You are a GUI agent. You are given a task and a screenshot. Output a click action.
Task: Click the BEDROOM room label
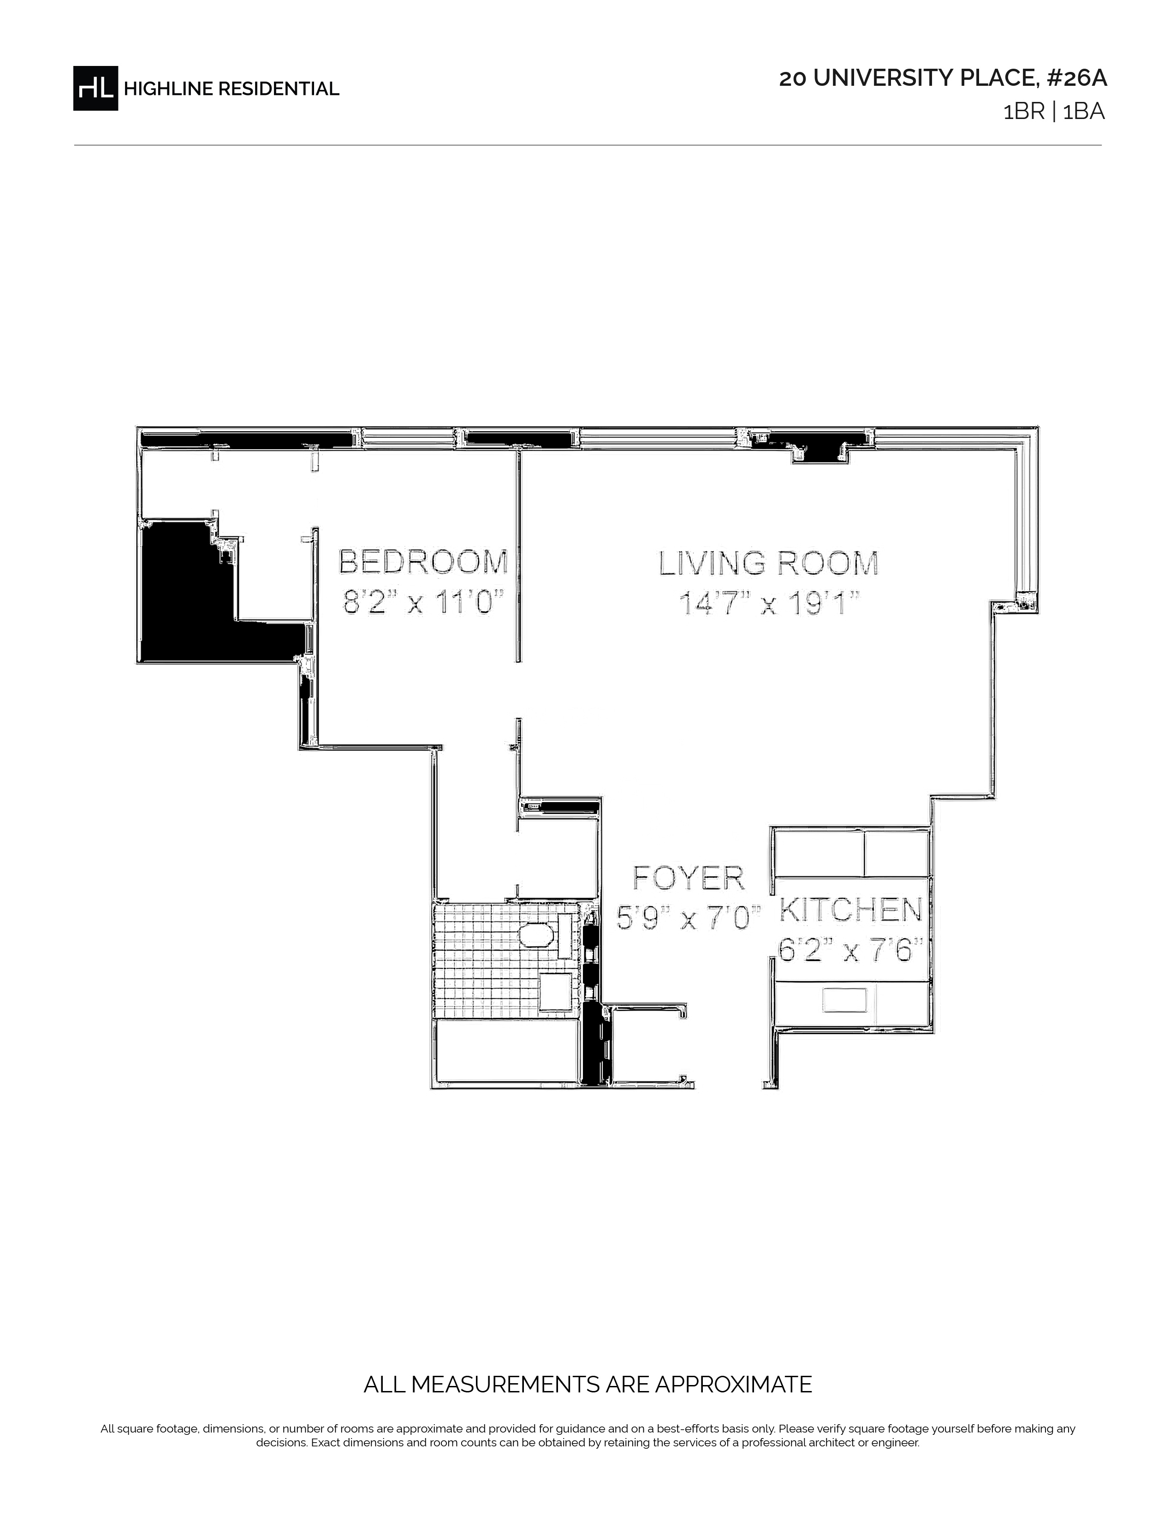(x=423, y=562)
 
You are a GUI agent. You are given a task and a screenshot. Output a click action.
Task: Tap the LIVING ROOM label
(x=768, y=563)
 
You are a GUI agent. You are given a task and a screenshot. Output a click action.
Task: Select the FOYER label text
(x=689, y=878)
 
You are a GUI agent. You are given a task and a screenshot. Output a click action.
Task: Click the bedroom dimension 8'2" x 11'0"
(x=423, y=602)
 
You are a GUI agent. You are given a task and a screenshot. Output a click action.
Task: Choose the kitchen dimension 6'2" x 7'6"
(x=851, y=950)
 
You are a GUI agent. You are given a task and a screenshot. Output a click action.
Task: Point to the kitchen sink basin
(x=844, y=1000)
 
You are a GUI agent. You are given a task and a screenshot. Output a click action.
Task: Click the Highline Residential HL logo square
(x=95, y=88)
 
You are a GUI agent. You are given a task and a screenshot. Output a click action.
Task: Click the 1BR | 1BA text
(x=1054, y=112)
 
